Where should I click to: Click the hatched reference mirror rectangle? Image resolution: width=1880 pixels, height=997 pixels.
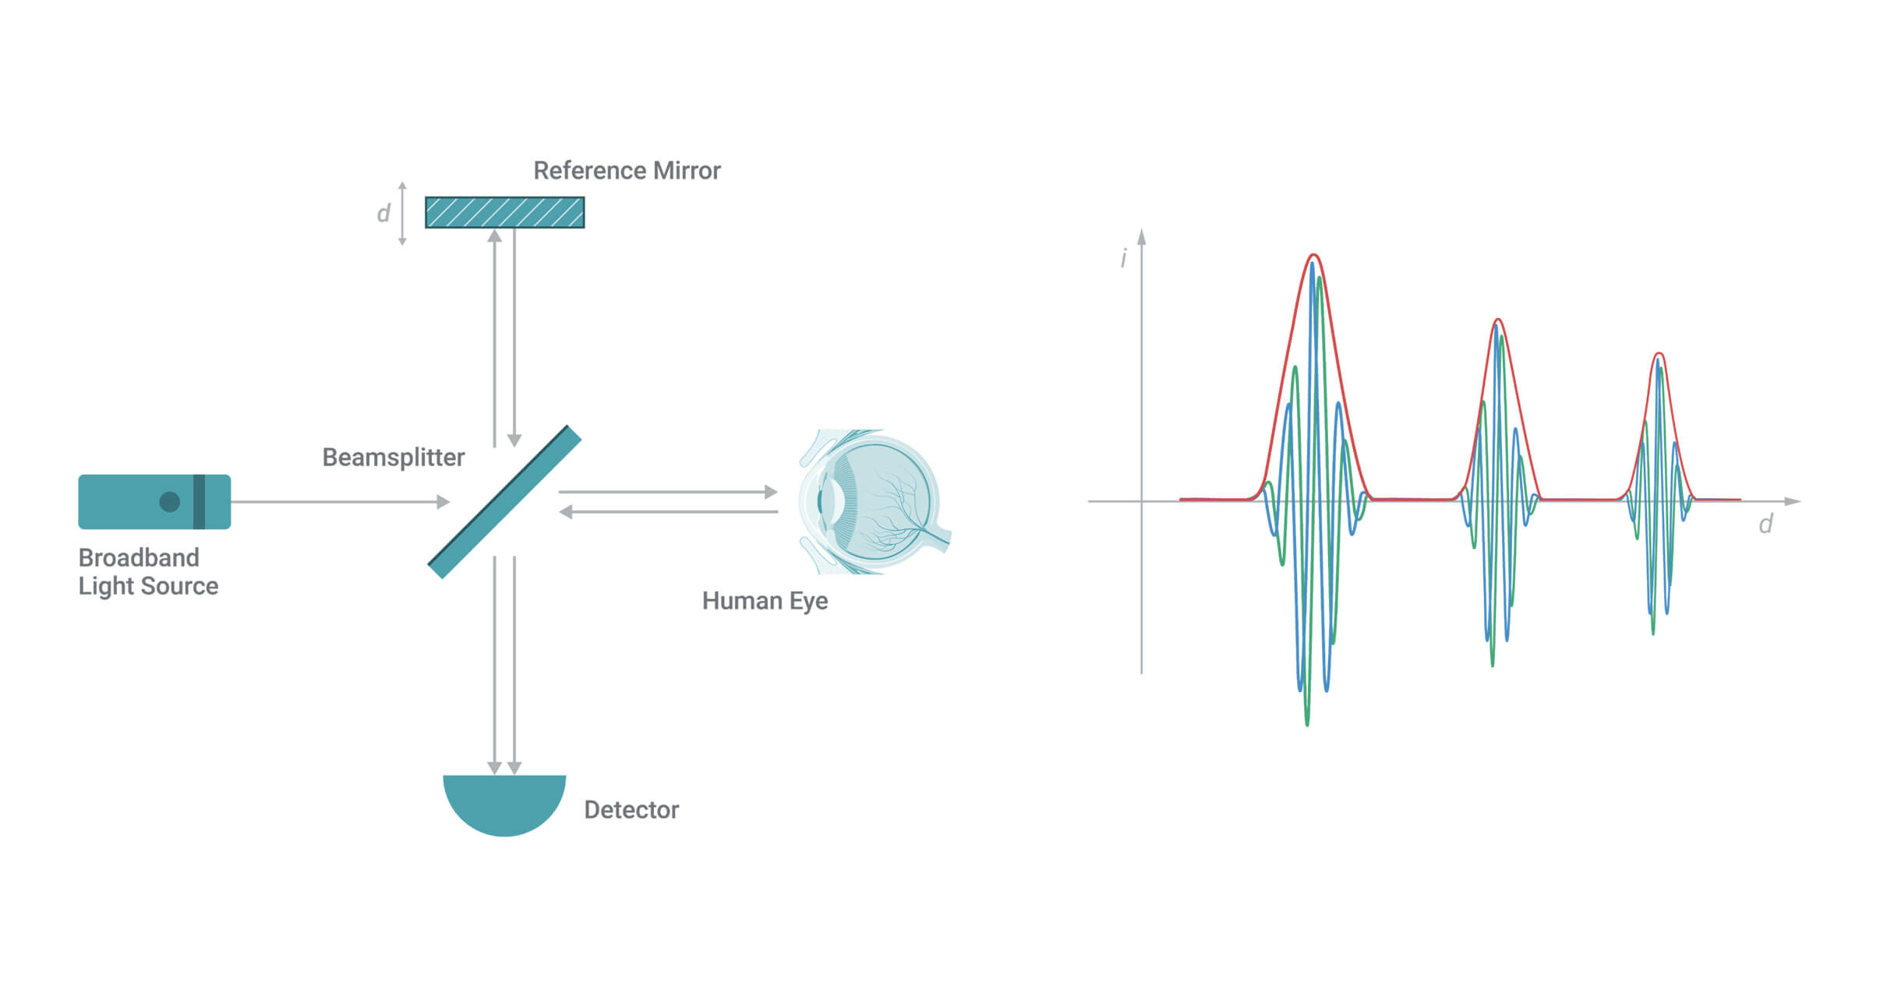pyautogui.click(x=504, y=212)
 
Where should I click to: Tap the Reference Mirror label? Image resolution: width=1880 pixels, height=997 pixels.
pyautogui.click(x=627, y=171)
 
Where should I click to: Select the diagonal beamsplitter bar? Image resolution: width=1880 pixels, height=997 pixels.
pyautogui.click(x=504, y=502)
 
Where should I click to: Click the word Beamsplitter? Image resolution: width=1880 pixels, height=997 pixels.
pyautogui.click(x=393, y=458)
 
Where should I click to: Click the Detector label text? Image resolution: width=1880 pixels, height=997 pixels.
pyautogui.click(x=631, y=810)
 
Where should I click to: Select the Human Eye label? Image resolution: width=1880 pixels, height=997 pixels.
pyautogui.click(x=765, y=601)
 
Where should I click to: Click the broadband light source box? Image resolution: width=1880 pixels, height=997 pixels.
pyautogui.click(x=154, y=502)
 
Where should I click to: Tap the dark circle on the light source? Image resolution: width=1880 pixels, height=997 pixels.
pyautogui.click(x=169, y=502)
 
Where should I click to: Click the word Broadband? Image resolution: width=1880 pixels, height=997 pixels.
pyautogui.click(x=139, y=557)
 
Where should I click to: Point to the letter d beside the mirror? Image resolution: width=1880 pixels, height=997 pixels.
pyautogui.click(x=383, y=213)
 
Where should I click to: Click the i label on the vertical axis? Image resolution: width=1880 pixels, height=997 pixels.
pyautogui.click(x=1123, y=258)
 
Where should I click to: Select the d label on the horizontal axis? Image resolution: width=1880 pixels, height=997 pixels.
pyautogui.click(x=1765, y=524)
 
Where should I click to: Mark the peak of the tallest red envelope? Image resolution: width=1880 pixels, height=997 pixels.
pyautogui.click(x=1314, y=255)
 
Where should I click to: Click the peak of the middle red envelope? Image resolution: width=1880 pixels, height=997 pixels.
pyautogui.click(x=1497, y=320)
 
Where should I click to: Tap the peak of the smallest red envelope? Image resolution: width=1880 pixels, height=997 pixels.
pyautogui.click(x=1659, y=354)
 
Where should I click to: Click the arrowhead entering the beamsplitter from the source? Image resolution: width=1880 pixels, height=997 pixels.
pyautogui.click(x=443, y=502)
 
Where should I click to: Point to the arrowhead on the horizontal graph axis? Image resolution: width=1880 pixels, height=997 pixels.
pyautogui.click(x=1793, y=501)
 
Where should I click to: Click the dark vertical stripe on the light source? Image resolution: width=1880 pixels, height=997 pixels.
pyautogui.click(x=199, y=502)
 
